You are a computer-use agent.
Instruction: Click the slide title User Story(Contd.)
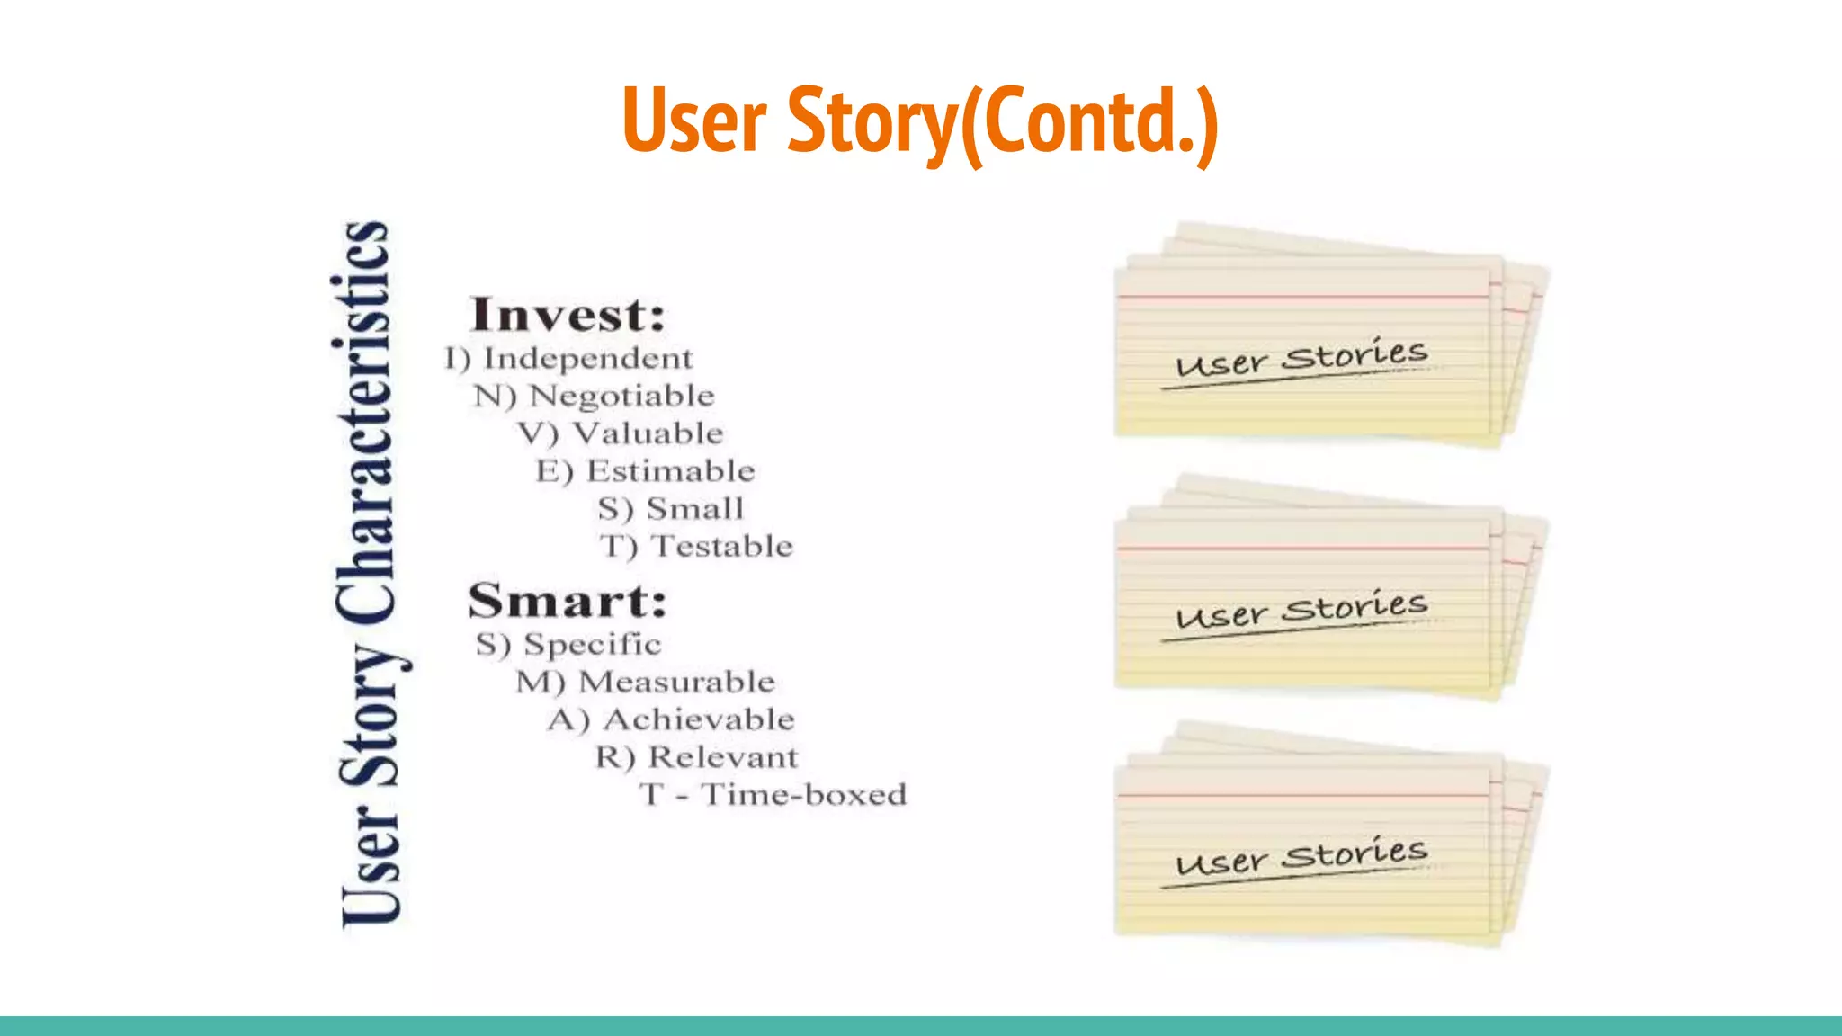coord(919,121)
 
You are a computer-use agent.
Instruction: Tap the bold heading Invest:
coord(568,315)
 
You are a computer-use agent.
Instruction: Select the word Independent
coord(588,359)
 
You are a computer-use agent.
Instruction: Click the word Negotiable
coord(622,396)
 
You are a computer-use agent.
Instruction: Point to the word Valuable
coord(648,433)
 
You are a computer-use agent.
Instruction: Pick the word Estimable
coord(671,471)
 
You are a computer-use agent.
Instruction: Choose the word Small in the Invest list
coord(695,509)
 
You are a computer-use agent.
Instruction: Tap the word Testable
coord(722,547)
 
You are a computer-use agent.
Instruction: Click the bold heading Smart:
coord(568,601)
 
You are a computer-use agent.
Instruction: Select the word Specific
coord(593,644)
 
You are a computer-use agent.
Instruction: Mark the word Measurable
coord(676,682)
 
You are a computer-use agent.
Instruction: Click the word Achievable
coord(699,719)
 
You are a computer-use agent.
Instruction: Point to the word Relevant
coord(723,757)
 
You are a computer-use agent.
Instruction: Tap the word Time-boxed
coord(803,795)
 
